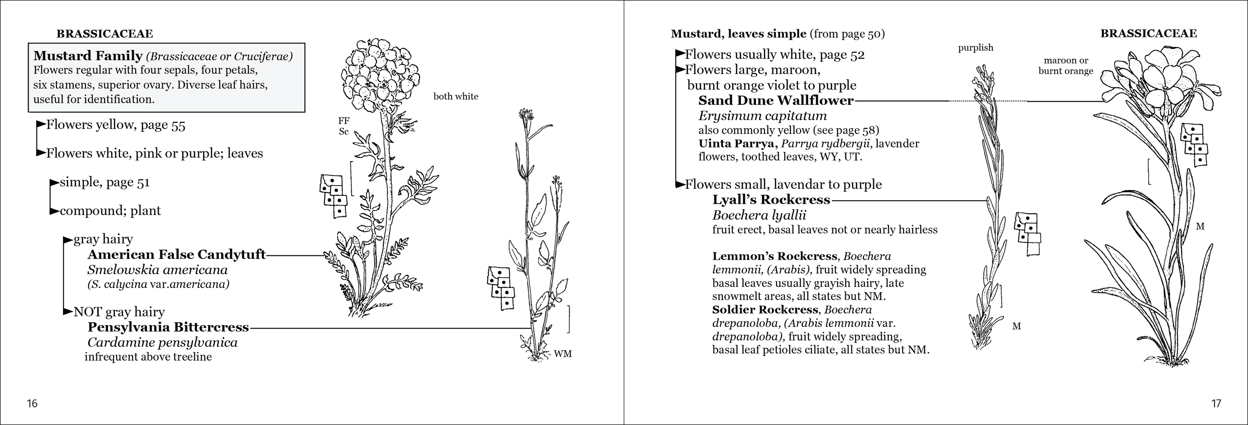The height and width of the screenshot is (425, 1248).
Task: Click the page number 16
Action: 32,403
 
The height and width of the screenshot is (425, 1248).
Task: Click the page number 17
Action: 1216,403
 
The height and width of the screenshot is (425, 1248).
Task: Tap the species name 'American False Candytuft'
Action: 176,254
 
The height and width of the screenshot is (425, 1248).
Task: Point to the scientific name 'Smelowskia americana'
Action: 157,270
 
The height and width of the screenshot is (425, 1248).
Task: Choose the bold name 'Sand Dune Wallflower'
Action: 776,100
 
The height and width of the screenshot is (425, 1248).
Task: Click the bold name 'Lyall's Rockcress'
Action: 771,200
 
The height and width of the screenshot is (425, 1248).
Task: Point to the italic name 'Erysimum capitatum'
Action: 763,116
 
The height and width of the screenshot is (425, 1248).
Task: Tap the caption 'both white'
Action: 455,96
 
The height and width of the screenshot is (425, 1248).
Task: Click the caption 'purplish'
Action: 976,48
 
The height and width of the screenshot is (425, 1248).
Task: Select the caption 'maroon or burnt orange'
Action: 1066,65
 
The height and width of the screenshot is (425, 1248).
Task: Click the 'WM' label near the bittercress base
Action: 563,354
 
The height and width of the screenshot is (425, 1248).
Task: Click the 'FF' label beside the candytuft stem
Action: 344,121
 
